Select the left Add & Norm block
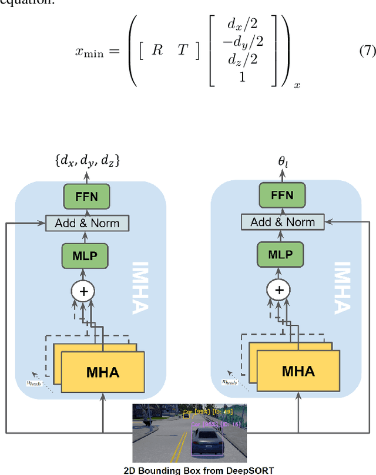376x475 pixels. [x=87, y=223]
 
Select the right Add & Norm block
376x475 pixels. [x=283, y=223]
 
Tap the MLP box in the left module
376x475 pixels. [x=87, y=255]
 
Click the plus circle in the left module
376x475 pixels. [x=83, y=289]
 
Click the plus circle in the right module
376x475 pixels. [x=280, y=289]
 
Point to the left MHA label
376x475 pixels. [x=103, y=372]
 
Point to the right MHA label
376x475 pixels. [x=298, y=371]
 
